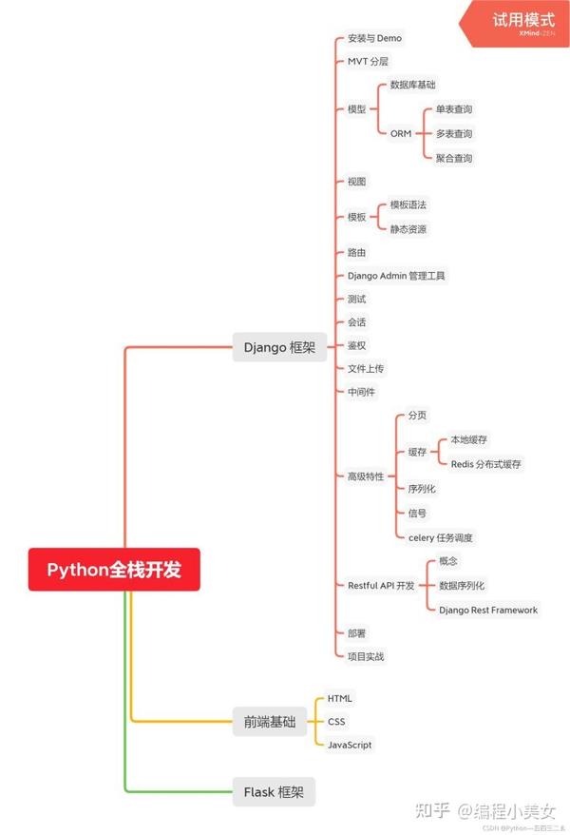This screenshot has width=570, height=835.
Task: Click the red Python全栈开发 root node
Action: click(x=113, y=570)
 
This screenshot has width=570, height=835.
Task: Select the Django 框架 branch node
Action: click(x=279, y=347)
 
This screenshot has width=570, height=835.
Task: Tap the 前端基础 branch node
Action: click(x=269, y=722)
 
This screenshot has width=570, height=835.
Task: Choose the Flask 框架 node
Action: click(x=273, y=791)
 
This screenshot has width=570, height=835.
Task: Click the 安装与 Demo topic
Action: click(x=374, y=38)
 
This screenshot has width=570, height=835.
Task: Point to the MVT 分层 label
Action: click(x=368, y=61)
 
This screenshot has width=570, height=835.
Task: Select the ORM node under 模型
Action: click(x=401, y=134)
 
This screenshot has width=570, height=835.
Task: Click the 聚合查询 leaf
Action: click(x=454, y=158)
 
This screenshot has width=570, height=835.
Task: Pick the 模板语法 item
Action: click(x=408, y=204)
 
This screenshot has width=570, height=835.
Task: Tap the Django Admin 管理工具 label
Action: click(x=396, y=276)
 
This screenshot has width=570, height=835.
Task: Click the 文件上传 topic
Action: click(x=366, y=368)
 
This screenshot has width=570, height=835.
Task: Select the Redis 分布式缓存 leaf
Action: click(x=485, y=464)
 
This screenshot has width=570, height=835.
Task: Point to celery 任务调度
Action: click(x=440, y=537)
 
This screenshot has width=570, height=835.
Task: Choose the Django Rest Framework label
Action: click(x=488, y=610)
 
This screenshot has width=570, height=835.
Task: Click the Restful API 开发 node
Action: click(x=381, y=586)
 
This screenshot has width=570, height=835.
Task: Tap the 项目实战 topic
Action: click(x=366, y=656)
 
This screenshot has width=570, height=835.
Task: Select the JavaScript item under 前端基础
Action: click(x=350, y=745)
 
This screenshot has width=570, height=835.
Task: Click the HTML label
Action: click(x=339, y=698)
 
